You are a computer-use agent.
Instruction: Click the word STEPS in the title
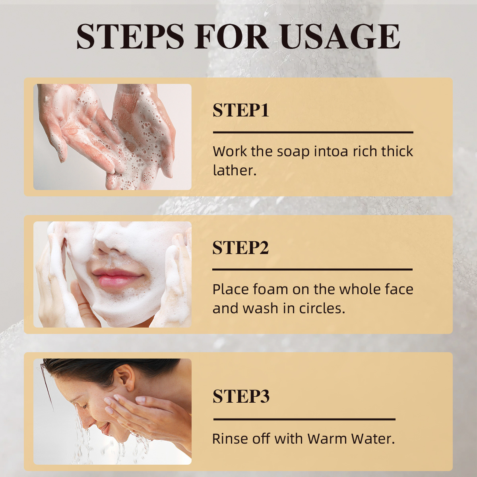(130, 37)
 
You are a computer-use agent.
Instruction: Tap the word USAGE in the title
(340, 37)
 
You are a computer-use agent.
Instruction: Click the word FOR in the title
(231, 37)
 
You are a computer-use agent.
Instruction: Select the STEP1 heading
(240, 110)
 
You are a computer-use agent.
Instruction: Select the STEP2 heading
(240, 248)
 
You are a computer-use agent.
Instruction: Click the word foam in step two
(271, 289)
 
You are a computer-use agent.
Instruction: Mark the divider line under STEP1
(313, 132)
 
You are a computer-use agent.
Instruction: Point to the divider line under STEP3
(304, 419)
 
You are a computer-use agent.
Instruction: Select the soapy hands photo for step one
(112, 137)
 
